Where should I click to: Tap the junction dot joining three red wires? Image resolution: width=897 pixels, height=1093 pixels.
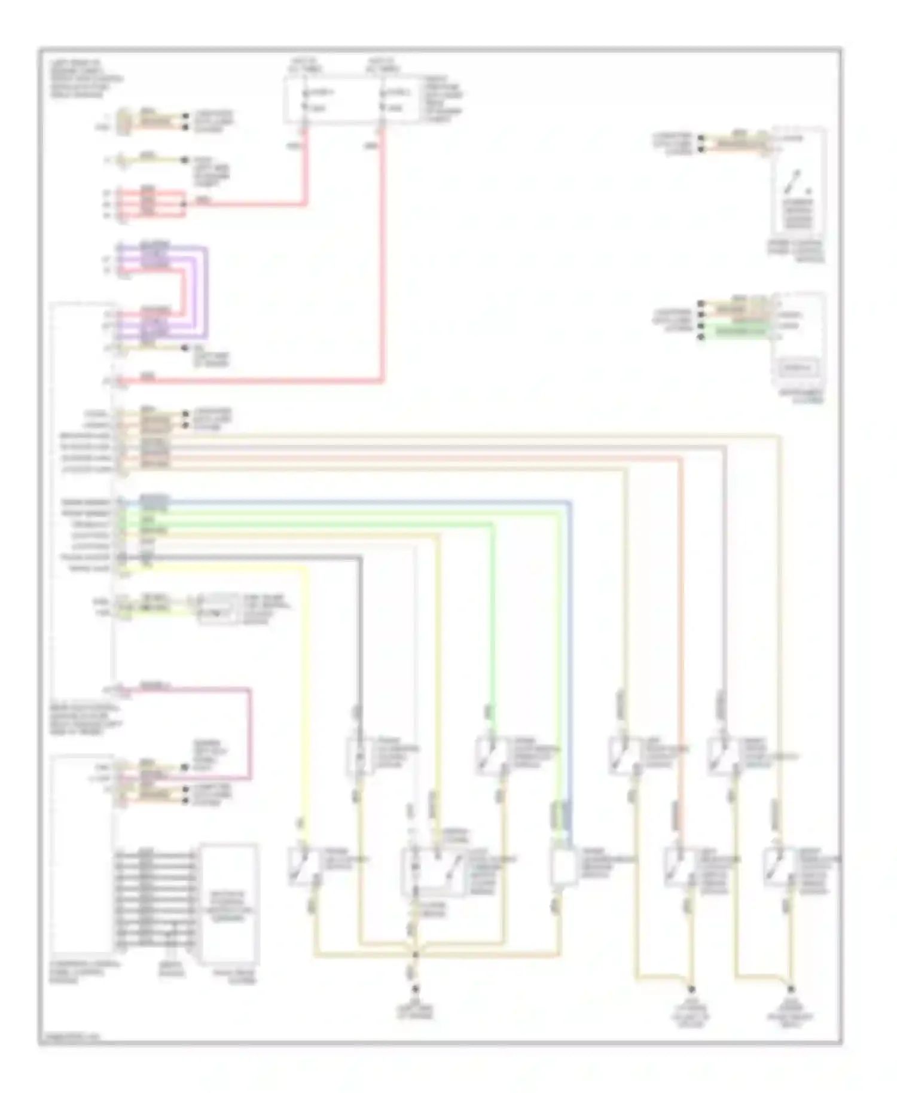coord(184,204)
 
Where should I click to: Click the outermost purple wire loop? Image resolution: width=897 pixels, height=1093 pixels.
coord(207,293)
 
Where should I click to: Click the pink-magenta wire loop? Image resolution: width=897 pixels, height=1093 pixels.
coord(250,735)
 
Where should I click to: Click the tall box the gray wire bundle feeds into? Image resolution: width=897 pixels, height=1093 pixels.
coord(229,903)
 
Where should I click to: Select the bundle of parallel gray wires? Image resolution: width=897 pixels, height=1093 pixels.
coord(155,897)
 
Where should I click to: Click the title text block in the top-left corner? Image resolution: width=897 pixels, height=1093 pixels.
coord(81,78)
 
